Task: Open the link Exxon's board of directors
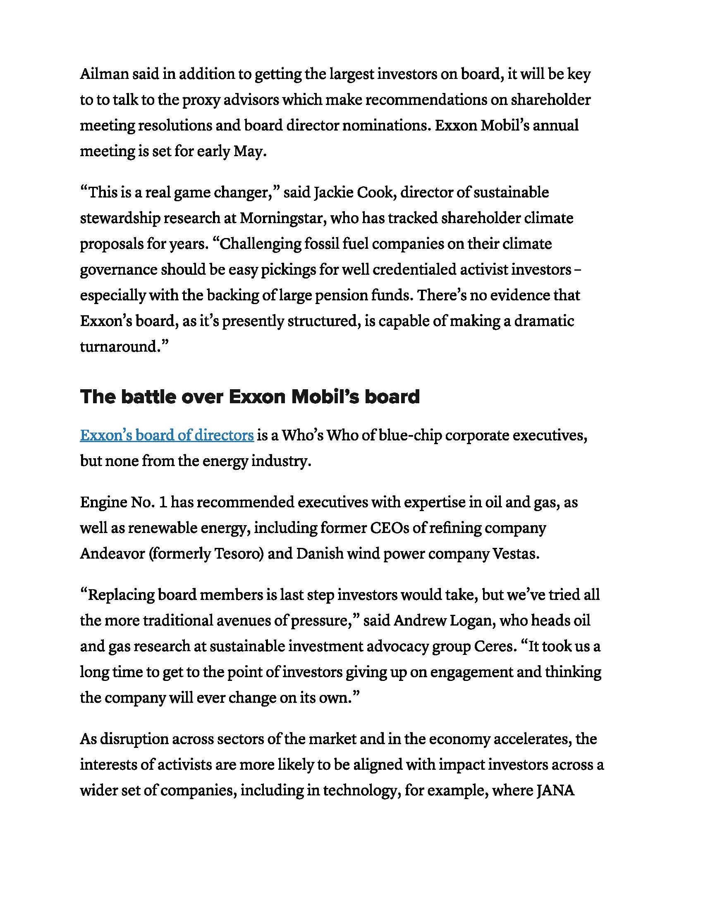(x=167, y=435)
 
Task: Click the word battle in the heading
(x=145, y=397)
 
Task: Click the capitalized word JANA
(x=555, y=790)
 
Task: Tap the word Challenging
(x=256, y=244)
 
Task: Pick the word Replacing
(x=121, y=595)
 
